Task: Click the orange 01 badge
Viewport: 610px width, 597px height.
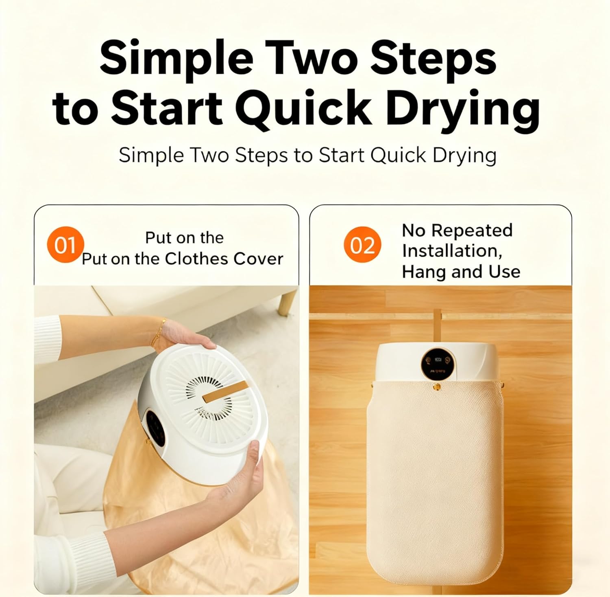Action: tap(65, 245)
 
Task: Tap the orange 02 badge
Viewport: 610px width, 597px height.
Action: tap(362, 245)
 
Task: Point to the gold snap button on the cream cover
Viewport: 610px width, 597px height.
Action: tap(437, 387)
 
